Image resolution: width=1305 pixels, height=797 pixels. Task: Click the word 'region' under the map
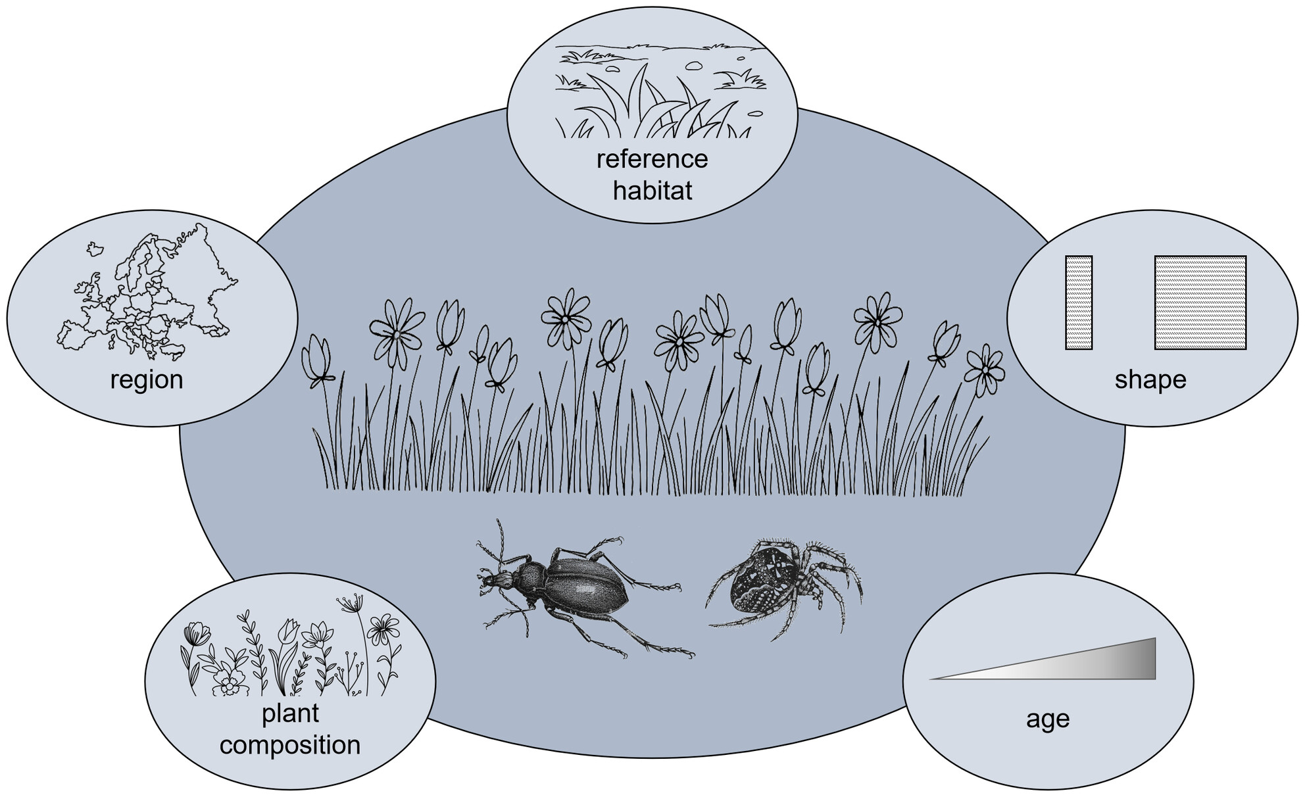147,379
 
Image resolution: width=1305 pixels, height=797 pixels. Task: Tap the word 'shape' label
1150,379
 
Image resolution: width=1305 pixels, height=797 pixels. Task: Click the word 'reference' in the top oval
652,159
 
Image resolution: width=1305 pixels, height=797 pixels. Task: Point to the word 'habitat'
652,191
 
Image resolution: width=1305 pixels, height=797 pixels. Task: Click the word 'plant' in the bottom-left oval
290,713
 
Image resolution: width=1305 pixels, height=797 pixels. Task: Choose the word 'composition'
290,745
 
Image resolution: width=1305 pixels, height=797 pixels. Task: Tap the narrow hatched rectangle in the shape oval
1079,302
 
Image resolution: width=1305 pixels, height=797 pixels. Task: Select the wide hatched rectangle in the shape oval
1200,302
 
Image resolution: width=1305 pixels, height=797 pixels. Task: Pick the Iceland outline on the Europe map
95,248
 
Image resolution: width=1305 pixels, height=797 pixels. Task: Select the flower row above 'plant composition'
290,658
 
